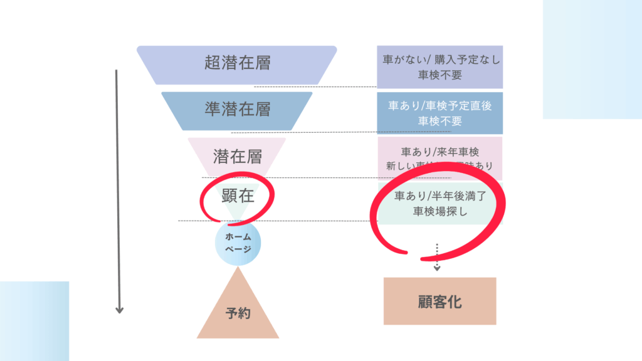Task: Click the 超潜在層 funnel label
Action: click(237, 63)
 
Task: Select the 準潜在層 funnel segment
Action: click(237, 109)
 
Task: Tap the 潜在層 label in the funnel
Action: click(237, 155)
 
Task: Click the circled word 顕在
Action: click(238, 196)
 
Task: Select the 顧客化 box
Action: click(439, 301)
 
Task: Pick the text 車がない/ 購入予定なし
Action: click(439, 60)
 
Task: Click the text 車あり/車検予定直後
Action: click(439, 106)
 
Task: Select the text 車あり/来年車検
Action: click(439, 152)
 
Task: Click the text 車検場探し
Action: click(439, 212)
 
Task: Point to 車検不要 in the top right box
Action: click(439, 75)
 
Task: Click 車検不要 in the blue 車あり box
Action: click(439, 121)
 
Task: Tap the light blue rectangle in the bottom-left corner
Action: click(34, 321)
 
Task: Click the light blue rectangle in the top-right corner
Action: click(592, 59)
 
